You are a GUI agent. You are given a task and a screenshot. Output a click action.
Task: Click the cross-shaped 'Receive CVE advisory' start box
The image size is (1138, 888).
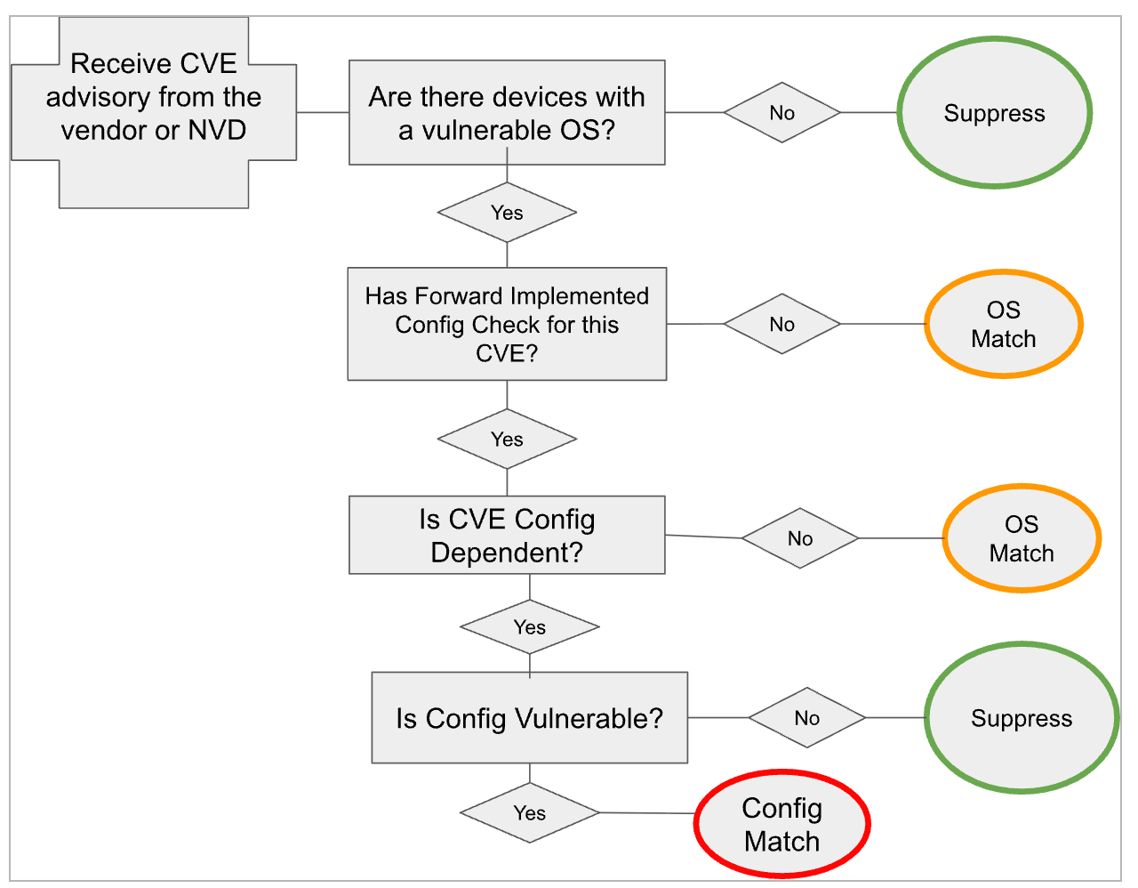(154, 113)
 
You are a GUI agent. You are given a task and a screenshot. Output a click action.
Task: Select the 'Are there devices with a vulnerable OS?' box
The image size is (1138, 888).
(508, 113)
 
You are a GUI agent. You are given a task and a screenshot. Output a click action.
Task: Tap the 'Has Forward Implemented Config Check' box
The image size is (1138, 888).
(508, 324)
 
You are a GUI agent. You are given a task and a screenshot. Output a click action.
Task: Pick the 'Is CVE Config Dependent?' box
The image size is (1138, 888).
(508, 536)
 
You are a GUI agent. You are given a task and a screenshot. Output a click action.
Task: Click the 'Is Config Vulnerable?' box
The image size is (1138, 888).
(530, 718)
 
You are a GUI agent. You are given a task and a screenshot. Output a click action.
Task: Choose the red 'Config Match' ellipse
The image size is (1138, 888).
(782, 825)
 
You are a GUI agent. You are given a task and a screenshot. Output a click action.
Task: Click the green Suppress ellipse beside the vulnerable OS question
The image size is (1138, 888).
(995, 113)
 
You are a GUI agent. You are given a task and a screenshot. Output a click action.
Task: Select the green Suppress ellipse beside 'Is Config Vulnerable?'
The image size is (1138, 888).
(1022, 718)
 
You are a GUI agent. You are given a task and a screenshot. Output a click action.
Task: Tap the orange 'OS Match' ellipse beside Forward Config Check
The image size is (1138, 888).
(1005, 324)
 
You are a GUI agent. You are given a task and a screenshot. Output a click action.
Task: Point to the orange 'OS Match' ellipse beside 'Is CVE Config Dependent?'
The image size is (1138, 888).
(1022, 538)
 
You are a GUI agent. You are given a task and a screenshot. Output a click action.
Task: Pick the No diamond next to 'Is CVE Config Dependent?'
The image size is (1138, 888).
(801, 538)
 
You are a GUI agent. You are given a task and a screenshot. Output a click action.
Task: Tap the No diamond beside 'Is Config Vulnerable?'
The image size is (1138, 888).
(807, 718)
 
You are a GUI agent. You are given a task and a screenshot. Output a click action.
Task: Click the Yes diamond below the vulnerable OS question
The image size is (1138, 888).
(508, 213)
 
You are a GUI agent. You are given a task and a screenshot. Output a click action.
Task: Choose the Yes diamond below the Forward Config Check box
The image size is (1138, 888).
(508, 440)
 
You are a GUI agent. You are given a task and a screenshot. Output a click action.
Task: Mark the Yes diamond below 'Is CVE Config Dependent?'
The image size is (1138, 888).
(530, 627)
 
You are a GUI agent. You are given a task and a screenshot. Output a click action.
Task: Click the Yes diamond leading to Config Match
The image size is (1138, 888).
(530, 813)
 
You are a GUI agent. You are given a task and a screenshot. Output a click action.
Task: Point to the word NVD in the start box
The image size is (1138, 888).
(217, 131)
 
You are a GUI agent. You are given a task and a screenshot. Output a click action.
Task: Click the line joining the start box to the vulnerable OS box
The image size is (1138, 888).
(323, 113)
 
